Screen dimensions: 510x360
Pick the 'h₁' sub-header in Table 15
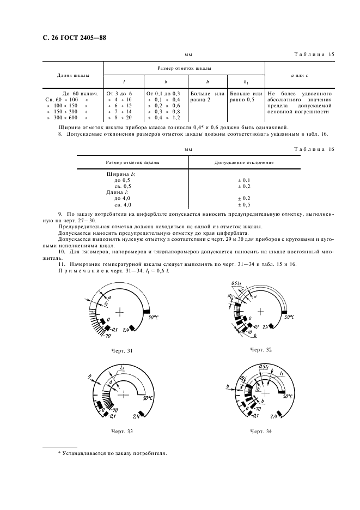[x=246, y=82]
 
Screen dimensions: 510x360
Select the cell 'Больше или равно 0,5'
[x=246, y=96]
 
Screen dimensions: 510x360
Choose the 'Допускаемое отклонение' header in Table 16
[x=244, y=163]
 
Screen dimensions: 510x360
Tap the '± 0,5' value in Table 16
[x=245, y=204]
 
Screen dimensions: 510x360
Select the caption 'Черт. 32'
[x=261, y=349]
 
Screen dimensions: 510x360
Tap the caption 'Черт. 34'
[x=261, y=431]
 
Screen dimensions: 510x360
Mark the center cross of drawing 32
[x=261, y=311]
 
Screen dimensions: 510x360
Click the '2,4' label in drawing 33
[x=138, y=416]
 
